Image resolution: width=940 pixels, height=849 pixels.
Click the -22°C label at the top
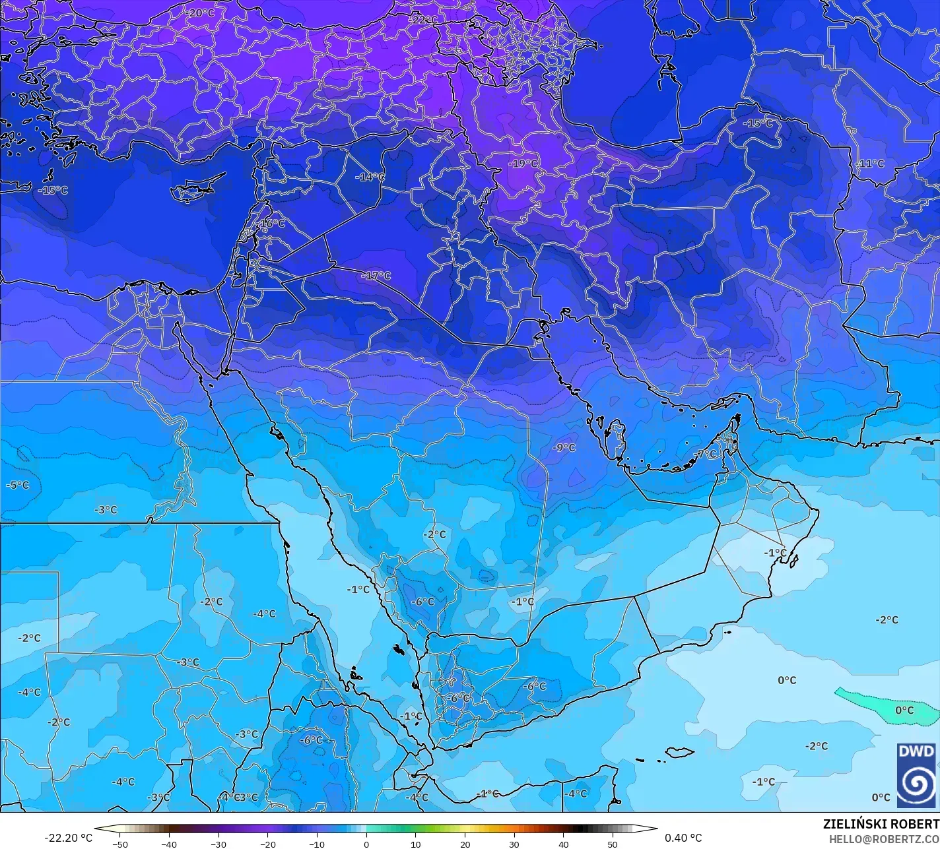[422, 20]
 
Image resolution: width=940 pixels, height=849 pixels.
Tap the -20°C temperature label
[199, 13]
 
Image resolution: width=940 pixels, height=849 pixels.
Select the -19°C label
[523, 163]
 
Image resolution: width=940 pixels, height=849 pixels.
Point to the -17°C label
[376, 276]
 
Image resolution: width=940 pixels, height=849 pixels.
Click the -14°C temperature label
[370, 177]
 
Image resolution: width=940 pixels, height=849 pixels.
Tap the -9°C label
[564, 447]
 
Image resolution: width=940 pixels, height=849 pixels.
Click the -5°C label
[18, 485]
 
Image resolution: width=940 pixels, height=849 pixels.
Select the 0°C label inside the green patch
[904, 710]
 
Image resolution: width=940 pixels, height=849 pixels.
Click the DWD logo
[916, 775]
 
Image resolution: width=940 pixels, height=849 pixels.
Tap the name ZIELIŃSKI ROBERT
[881, 824]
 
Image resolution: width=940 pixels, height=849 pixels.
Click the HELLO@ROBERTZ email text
[884, 838]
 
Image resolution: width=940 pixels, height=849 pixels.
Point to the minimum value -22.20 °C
[68, 838]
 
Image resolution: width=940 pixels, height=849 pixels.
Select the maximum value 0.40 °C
[683, 838]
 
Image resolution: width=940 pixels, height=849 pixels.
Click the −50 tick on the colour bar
[119, 844]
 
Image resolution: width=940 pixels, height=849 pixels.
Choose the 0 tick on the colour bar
[366, 844]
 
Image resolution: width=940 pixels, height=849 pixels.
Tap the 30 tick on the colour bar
[514, 844]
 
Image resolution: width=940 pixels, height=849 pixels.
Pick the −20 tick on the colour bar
[267, 844]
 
